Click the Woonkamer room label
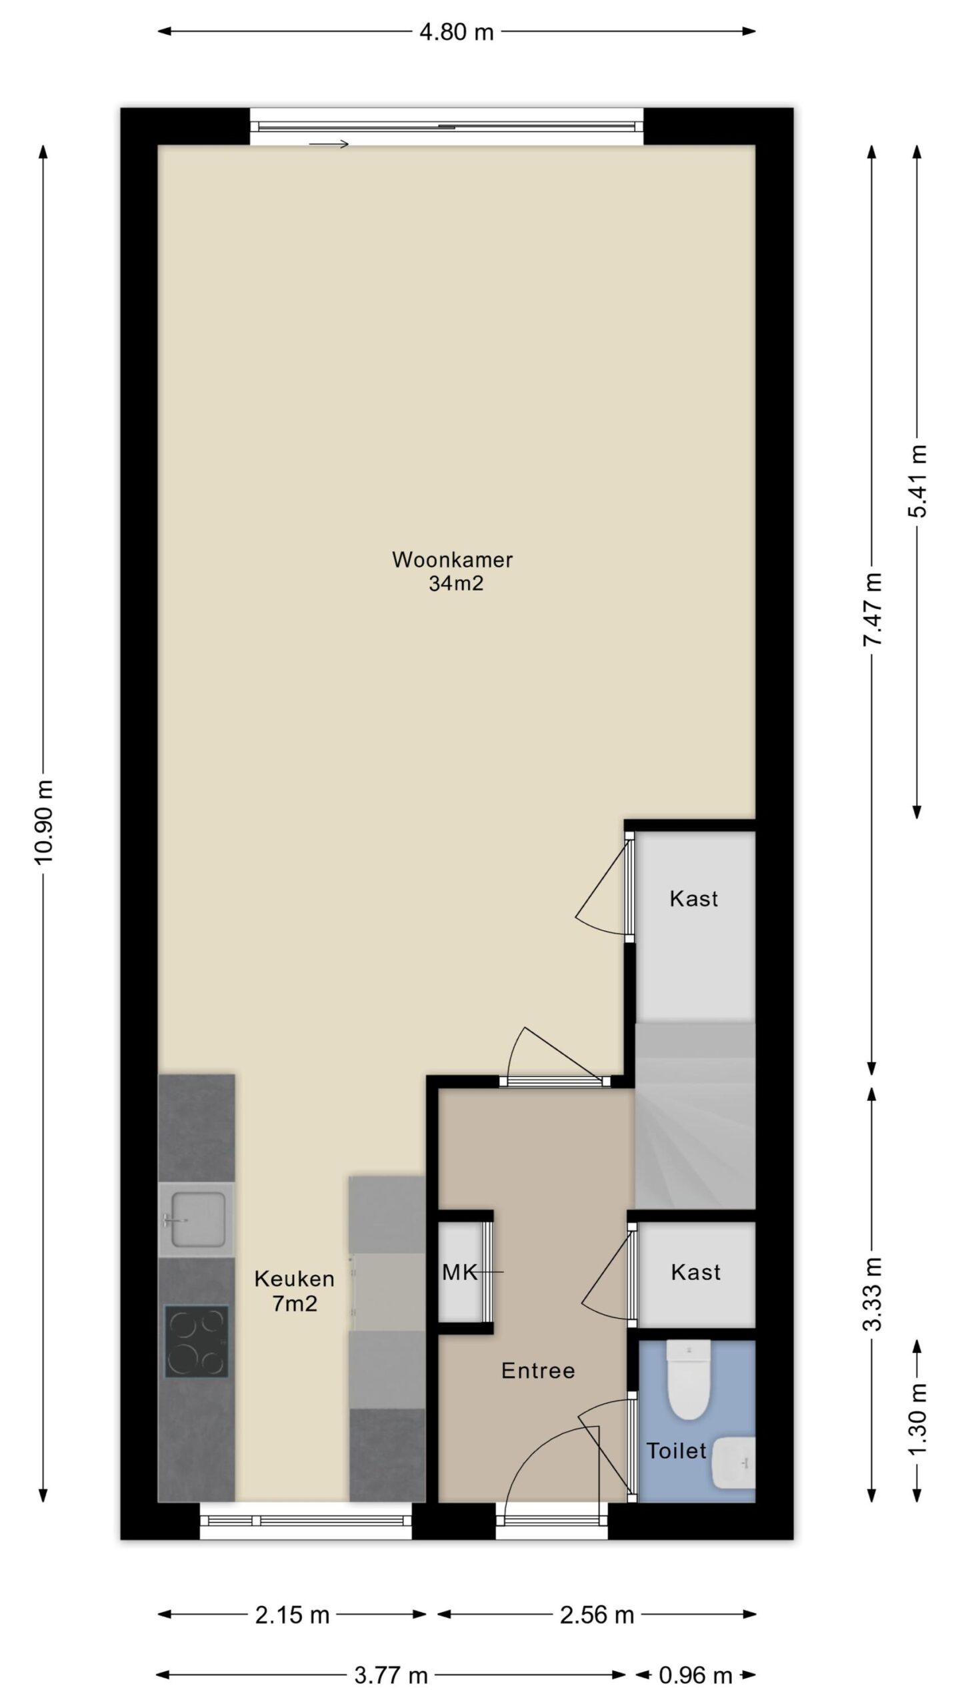[x=452, y=560]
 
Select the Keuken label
[x=294, y=1279]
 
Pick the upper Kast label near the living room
[x=694, y=898]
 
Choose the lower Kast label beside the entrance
[x=695, y=1272]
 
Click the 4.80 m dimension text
[x=457, y=31]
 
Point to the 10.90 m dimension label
[x=45, y=821]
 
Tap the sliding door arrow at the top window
[x=329, y=144]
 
